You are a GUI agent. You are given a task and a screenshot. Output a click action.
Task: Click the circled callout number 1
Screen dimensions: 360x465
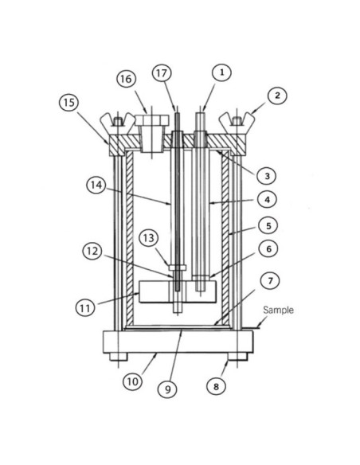222,72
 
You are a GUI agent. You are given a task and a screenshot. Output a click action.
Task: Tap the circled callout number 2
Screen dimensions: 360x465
276,96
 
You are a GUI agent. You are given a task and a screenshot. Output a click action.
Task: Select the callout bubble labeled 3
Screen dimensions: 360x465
268,174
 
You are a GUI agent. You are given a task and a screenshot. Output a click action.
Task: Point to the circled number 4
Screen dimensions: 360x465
268,199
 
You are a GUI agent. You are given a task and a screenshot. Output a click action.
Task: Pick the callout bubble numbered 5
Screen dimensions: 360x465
268,225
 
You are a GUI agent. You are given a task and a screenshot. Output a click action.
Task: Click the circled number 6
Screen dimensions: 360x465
268,250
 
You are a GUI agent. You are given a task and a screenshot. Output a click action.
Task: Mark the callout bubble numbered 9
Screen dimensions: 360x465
166,389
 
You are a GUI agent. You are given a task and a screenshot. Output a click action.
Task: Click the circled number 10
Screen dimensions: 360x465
132,381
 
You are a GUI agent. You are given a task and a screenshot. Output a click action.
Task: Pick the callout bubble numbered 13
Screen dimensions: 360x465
148,238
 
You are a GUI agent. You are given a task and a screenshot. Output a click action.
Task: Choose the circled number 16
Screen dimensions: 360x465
126,79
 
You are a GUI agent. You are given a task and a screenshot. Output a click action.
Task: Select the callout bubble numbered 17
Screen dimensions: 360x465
162,72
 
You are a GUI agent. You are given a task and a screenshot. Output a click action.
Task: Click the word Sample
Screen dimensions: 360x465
278,311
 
